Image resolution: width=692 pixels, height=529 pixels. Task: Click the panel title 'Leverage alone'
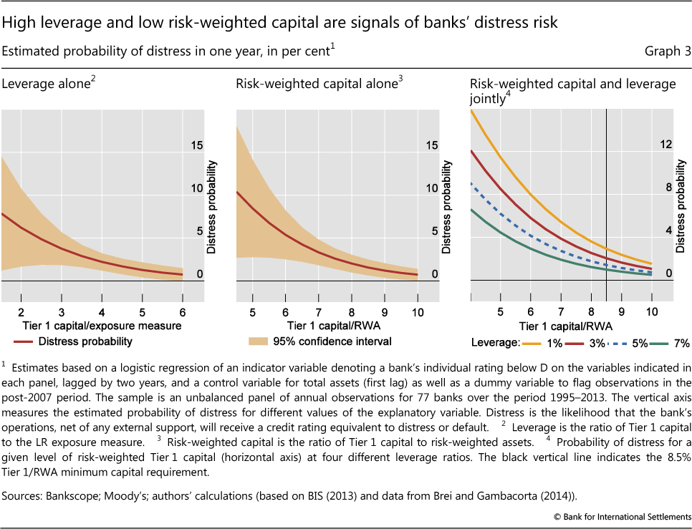(46, 84)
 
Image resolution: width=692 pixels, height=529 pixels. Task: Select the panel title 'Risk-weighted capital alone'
(316, 84)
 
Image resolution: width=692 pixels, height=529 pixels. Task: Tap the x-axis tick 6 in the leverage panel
(183, 313)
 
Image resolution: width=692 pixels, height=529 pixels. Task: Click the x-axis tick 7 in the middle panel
(318, 313)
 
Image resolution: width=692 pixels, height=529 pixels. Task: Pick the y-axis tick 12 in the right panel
(665, 145)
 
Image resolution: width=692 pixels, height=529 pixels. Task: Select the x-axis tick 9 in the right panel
(621, 313)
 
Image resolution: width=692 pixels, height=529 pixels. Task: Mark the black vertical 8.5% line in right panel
(606, 179)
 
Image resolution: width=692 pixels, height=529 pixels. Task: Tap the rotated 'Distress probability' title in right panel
(681, 208)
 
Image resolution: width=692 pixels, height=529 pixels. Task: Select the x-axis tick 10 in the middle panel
(417, 313)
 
